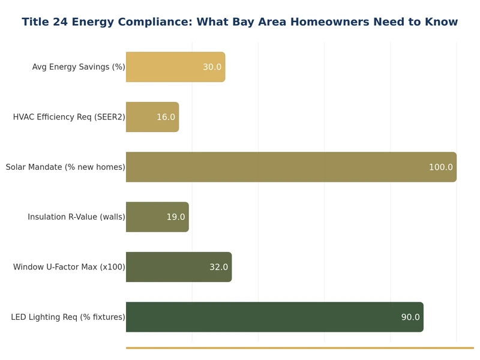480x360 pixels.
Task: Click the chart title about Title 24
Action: coord(239,22)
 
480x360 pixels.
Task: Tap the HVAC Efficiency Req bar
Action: coord(144,117)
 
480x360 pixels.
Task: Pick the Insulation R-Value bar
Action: coord(147,217)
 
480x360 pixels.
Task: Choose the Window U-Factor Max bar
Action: coord(168,267)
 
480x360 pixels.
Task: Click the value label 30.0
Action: coord(212,67)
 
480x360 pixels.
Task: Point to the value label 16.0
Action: coord(166,117)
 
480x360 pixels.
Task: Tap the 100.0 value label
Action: coord(440,167)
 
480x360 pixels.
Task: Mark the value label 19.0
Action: coord(175,217)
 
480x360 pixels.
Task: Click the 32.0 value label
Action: coord(218,267)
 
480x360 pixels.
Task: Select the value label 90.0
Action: coord(410,317)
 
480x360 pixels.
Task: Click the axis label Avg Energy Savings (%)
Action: coord(79,67)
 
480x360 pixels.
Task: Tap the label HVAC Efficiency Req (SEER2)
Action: coord(69,117)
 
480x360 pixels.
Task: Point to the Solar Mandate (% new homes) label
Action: coord(65,167)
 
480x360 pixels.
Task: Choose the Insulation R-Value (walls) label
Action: coord(76,217)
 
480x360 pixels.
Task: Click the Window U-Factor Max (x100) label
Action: coord(69,267)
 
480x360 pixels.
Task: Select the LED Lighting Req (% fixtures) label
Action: coord(68,317)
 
